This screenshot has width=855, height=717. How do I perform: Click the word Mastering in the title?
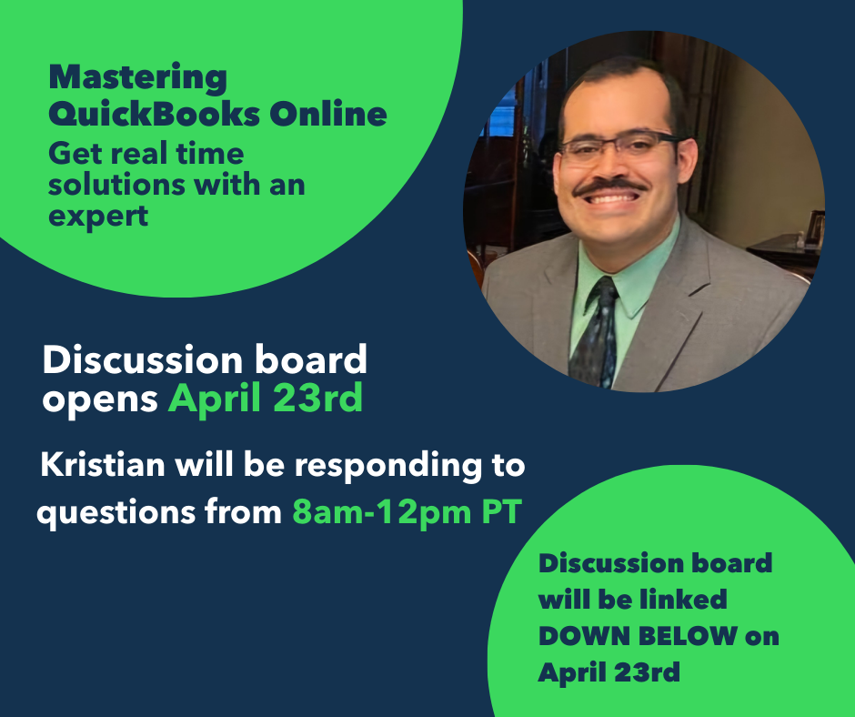point(138,77)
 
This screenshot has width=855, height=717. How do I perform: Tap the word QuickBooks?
point(155,113)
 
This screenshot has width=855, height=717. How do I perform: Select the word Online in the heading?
point(328,113)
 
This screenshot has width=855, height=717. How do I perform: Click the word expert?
point(98,216)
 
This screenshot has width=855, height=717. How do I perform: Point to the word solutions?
point(117,185)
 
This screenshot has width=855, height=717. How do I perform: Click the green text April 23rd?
point(266,398)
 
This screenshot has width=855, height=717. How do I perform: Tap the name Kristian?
point(103,464)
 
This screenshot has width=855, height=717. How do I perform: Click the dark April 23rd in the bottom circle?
point(609,672)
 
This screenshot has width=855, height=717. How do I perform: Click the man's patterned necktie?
point(596,332)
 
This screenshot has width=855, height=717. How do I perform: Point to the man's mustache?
point(610,187)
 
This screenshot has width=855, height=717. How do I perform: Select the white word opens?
point(100,400)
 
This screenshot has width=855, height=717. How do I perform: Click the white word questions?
point(116,513)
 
